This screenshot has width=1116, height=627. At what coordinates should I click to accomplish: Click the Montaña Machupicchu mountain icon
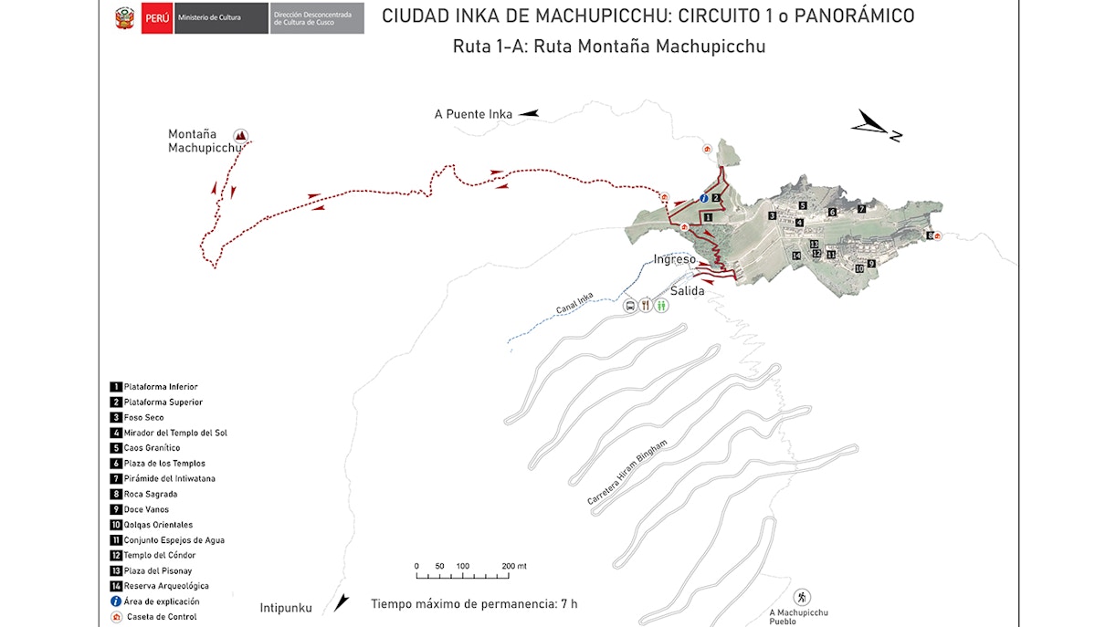(x=241, y=134)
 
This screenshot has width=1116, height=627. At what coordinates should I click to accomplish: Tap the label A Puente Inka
(x=473, y=114)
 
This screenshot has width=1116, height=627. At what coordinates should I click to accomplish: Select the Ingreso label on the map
(x=674, y=259)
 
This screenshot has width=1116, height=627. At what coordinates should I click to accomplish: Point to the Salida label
(x=687, y=290)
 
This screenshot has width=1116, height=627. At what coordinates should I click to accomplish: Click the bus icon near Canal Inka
(x=630, y=306)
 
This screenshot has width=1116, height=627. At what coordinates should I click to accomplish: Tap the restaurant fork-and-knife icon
(x=646, y=306)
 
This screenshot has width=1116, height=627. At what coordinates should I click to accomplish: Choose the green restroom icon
(x=661, y=306)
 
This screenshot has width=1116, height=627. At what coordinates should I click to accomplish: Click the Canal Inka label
(x=574, y=303)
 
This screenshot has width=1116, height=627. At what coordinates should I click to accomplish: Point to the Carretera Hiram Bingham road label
(x=627, y=473)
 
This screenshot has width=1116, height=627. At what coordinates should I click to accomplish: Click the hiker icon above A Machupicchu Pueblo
(x=802, y=597)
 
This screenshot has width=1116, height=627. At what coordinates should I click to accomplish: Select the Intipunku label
(x=286, y=608)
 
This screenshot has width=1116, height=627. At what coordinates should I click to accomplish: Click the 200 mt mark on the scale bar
(x=513, y=566)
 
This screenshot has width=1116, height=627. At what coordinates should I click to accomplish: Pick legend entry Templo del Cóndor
(x=159, y=555)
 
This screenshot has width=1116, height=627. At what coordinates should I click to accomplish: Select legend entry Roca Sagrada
(x=151, y=494)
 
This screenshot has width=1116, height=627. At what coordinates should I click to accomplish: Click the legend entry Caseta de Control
(x=161, y=617)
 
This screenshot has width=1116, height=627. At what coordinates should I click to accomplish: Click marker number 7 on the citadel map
(x=861, y=209)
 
